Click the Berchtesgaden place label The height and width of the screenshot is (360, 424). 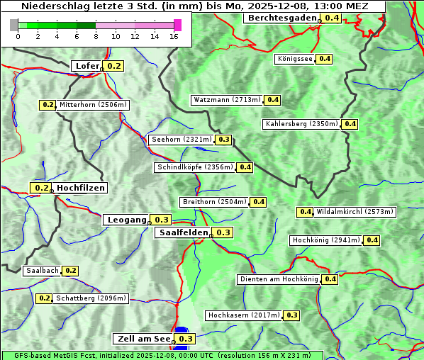[281, 18]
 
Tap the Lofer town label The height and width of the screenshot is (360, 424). [87, 66]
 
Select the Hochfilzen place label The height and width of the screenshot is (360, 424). [81, 188]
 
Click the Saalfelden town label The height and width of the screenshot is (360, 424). [184, 232]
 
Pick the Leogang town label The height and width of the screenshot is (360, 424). [127, 220]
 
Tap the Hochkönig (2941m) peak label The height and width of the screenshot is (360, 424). [326, 240]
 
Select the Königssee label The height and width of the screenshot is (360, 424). [295, 59]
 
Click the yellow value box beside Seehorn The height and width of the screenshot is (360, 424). [224, 140]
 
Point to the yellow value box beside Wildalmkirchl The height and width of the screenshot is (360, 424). [305, 212]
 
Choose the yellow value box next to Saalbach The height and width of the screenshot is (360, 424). [70, 271]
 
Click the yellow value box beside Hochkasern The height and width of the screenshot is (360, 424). [291, 315]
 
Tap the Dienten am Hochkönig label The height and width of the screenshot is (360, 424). [279, 279]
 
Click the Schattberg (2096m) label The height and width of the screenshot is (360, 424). [91, 298]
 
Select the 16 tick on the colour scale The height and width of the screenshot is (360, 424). [174, 36]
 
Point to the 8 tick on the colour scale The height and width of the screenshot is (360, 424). [96, 36]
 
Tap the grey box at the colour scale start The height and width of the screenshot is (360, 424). [14, 25]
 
